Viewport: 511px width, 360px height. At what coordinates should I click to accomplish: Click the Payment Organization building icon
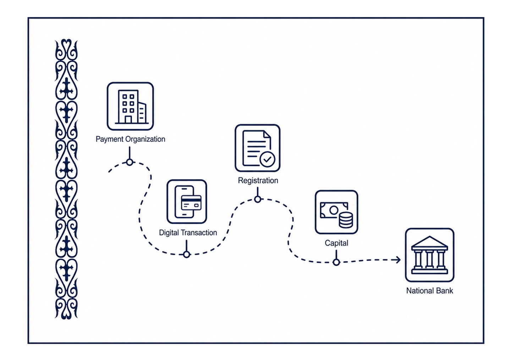pos(130,106)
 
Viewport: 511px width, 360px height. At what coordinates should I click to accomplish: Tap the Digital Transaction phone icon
pos(187,202)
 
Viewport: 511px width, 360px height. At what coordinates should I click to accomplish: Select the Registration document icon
pos(258,148)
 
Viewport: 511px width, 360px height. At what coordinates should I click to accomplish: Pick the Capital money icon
pos(336,212)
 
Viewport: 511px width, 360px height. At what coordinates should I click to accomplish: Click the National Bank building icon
pos(429,255)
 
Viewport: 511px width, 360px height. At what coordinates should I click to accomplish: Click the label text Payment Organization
pos(130,139)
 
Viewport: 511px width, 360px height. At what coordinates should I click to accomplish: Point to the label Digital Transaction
pos(188,233)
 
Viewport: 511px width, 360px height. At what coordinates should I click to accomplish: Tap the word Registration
pos(258,181)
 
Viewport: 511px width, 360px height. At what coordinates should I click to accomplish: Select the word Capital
pos(336,243)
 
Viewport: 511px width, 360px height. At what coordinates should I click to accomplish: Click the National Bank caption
pos(429,291)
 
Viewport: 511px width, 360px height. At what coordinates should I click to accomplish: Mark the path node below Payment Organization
pos(130,162)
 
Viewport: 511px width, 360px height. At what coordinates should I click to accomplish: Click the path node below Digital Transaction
pos(187,254)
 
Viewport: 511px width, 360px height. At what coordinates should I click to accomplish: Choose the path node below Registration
pos(258,199)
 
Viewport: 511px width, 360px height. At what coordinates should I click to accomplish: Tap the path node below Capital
pos(336,262)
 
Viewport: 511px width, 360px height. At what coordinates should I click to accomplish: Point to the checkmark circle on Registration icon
pos(267,159)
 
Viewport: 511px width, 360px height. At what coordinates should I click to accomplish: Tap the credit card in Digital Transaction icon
pos(191,203)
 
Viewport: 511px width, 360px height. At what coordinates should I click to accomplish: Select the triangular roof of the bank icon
pos(429,242)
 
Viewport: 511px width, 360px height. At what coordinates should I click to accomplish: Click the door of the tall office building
pos(128,120)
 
